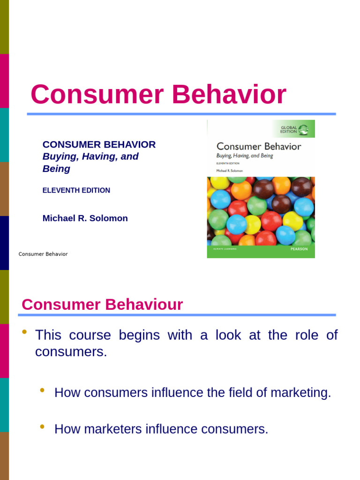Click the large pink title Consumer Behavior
[158, 94]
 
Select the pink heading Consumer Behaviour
[102, 305]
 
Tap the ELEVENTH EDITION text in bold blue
[76, 190]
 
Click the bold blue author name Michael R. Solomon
[85, 218]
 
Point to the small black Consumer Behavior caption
[43, 254]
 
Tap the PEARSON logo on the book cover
[299, 249]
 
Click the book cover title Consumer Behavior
[259, 146]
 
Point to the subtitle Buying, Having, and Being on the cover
[244, 156]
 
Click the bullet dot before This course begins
[24, 333]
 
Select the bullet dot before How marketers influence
[43, 427]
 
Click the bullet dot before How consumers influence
[43, 390]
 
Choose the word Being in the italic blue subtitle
[56, 169]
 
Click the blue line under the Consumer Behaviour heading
[178, 315]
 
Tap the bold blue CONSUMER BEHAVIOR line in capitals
[99, 144]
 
